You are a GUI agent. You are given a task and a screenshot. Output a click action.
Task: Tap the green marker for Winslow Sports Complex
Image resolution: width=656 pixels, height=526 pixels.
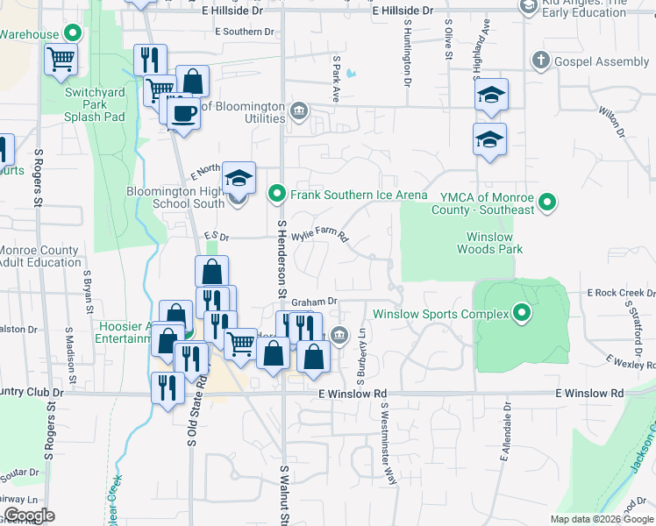[523, 314]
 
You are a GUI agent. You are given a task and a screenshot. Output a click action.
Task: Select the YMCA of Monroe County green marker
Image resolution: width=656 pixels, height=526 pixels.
[548, 203]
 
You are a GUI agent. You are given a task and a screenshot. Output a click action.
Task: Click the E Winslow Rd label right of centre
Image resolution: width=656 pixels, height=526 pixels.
[589, 394]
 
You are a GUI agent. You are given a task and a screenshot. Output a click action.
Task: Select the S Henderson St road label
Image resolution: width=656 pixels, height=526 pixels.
[282, 259]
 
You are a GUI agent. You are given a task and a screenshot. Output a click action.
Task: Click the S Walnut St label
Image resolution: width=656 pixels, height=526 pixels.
[283, 495]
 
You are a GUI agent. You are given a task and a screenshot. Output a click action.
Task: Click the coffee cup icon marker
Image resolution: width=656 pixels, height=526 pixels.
[183, 114]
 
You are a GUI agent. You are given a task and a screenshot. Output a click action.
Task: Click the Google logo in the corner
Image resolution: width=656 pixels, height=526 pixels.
[28, 515]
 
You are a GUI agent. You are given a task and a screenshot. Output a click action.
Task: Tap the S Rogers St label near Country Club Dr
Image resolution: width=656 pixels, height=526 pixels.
[51, 431]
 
